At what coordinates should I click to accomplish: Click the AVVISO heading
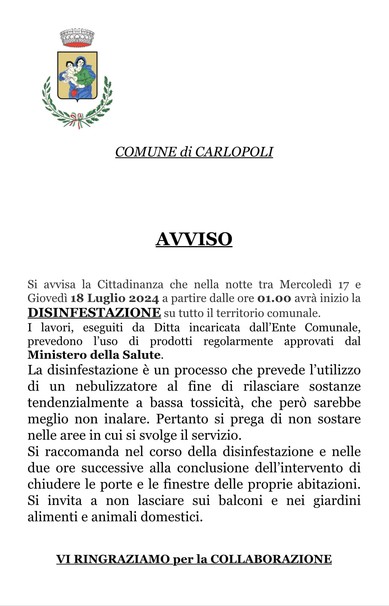tap(194, 239)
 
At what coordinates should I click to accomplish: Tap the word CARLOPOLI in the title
tap(234, 152)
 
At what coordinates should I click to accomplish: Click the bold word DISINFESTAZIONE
tap(94, 313)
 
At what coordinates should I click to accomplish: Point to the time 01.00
tap(274, 298)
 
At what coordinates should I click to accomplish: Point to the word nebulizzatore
tap(116, 386)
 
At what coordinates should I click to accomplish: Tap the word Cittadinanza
tap(130, 284)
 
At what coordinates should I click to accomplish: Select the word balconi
tap(240, 501)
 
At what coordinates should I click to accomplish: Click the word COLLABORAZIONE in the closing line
tap(271, 559)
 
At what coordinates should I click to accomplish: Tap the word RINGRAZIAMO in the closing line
tap(122, 559)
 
